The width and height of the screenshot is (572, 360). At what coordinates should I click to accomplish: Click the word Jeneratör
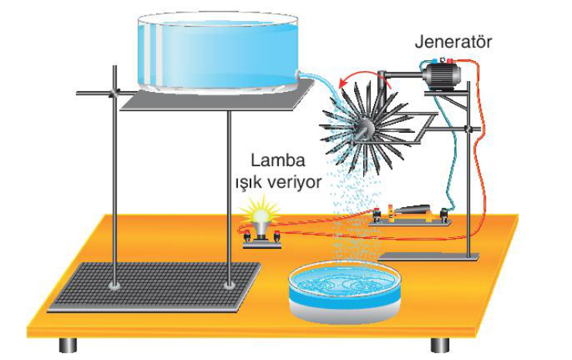(454, 42)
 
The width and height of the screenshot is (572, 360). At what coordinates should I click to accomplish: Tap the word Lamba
(278, 161)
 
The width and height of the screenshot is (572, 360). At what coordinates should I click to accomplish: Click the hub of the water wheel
(365, 128)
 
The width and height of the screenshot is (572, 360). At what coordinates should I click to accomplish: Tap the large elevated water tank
(218, 53)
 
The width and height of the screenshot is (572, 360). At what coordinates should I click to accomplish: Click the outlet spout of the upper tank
(298, 74)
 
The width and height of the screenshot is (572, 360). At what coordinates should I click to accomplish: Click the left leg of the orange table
(68, 345)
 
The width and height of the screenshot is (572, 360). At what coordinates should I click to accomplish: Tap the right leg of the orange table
(441, 345)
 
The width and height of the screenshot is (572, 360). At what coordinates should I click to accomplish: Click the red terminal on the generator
(450, 61)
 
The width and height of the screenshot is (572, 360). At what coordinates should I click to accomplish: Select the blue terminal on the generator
(434, 61)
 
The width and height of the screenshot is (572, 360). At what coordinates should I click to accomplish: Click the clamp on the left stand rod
(114, 93)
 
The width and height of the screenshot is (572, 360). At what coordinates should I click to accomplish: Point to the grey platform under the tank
(218, 96)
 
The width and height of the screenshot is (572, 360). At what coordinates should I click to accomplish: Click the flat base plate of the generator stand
(429, 256)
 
